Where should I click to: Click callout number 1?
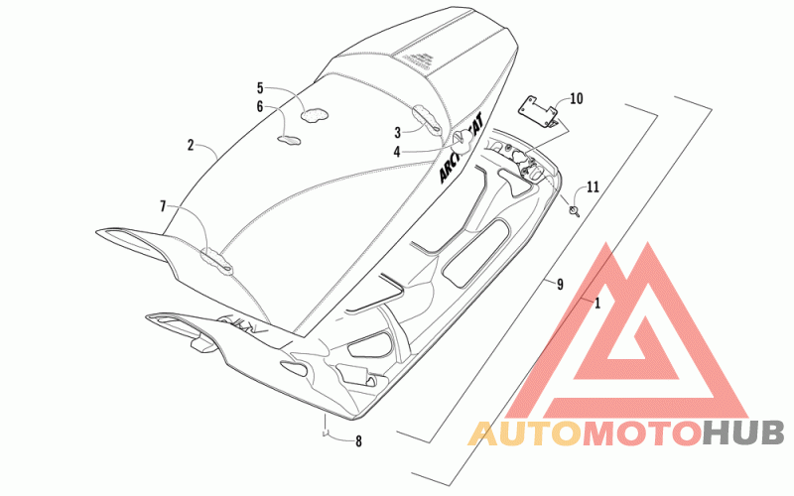[x=597, y=302]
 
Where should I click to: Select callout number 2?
[x=191, y=145]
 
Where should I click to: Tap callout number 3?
[x=397, y=131]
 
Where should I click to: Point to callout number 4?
[x=397, y=152]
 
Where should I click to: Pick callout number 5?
[x=260, y=87]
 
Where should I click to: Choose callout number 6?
[x=260, y=106]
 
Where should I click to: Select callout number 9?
[x=560, y=285]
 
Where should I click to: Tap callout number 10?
[x=577, y=99]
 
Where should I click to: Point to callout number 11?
[x=593, y=186]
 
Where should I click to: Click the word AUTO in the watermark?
[x=523, y=434]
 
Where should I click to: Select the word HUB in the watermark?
[x=744, y=434]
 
